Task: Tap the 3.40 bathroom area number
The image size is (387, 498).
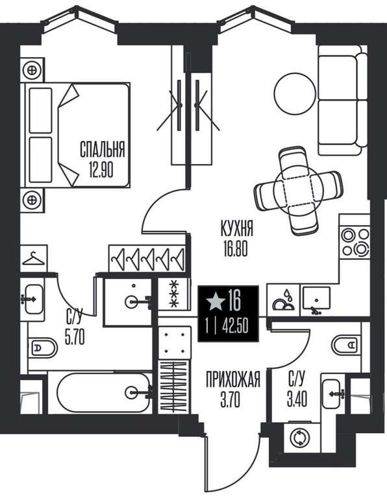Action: pos(297,399)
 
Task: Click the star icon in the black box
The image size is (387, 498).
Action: pos(216,301)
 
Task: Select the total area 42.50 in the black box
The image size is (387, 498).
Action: pos(235,327)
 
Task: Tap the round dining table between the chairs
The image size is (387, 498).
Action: pos(299,191)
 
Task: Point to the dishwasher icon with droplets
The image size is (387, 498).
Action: pos(283,300)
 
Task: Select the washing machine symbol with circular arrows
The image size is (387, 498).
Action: pos(300,438)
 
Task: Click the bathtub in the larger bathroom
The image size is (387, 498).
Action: pos(103,392)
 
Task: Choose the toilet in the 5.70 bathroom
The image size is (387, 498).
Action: pos(43,348)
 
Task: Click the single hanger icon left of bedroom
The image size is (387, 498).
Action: pos(33,258)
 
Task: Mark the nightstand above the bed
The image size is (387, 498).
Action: pos(32,70)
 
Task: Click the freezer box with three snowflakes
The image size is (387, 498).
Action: pos(174,294)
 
